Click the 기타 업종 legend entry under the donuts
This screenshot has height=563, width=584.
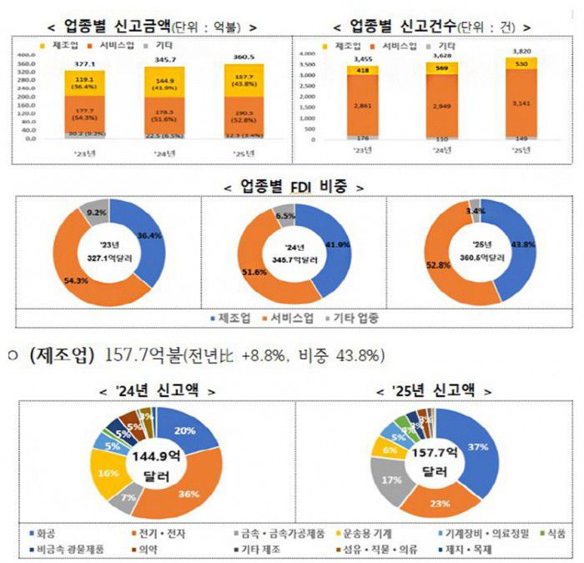point(362,319)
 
